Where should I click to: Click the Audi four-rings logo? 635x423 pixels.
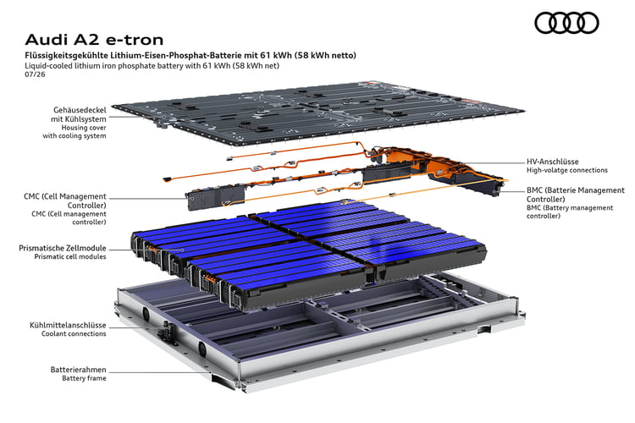click(x=566, y=23)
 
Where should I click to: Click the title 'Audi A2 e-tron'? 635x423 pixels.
click(x=94, y=40)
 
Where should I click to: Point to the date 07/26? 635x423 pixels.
click(x=35, y=74)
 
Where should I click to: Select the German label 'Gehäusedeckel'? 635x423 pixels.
click(x=80, y=110)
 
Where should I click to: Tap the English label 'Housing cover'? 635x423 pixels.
click(x=84, y=128)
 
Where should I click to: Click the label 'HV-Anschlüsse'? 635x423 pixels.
click(x=552, y=162)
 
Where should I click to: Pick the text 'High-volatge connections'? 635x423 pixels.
click(x=567, y=170)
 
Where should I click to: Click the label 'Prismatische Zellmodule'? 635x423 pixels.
click(x=63, y=248)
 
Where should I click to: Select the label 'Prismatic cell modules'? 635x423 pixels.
click(x=70, y=256)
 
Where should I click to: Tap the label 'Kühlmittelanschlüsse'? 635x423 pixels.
click(x=68, y=326)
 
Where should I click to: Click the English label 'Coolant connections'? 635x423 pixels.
click(x=74, y=334)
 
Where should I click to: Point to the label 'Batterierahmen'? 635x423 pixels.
click(x=78, y=370)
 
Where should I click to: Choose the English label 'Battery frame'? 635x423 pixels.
click(x=84, y=378)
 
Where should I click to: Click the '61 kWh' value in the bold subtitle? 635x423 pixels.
click(x=275, y=56)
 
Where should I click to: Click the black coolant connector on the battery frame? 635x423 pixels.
click(x=167, y=330)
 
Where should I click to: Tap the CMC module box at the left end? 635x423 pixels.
click(x=215, y=197)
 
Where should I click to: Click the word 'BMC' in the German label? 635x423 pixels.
click(x=535, y=190)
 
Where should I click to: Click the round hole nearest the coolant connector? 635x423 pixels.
click(x=146, y=312)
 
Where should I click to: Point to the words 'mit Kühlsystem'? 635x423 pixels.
click(x=79, y=119)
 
